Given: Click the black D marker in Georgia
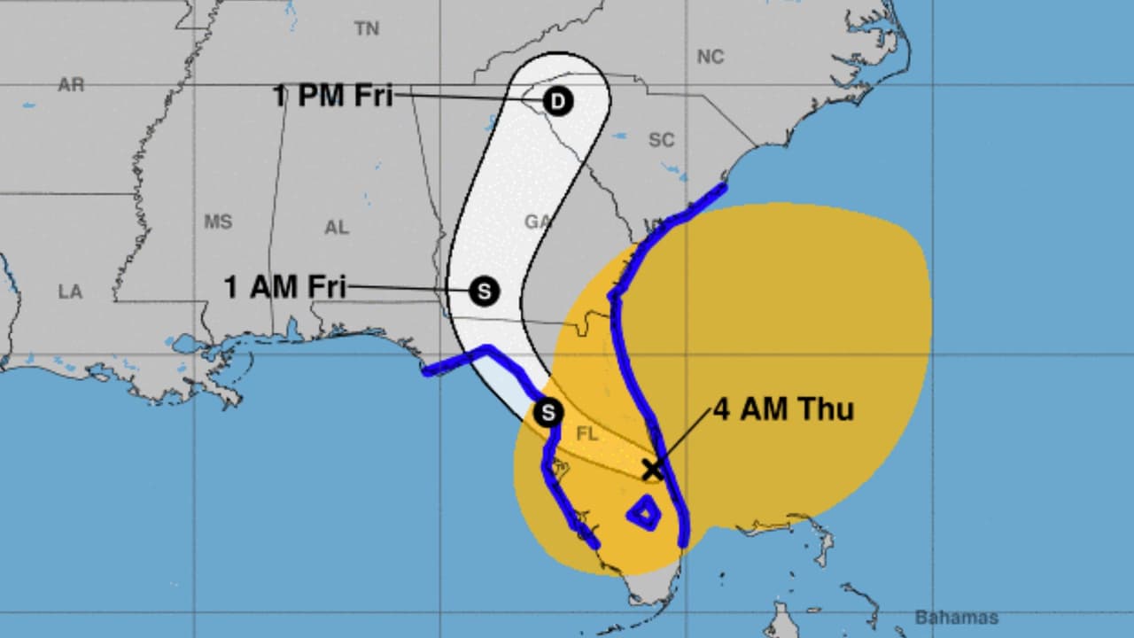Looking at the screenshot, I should (x=557, y=102).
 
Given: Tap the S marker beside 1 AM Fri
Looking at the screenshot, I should (x=484, y=291).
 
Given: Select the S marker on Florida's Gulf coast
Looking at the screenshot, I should (x=548, y=412).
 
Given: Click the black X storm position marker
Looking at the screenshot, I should (x=652, y=469).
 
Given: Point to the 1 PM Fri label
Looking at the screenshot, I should (x=333, y=96).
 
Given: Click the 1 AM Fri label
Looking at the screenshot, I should (x=284, y=287).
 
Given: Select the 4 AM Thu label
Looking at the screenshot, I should (x=783, y=409).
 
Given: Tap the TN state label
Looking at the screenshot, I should (x=367, y=29).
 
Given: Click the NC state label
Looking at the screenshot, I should (x=710, y=58).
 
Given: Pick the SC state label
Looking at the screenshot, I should (x=661, y=140).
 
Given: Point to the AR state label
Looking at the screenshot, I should (x=71, y=85).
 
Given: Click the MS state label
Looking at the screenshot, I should (x=218, y=222).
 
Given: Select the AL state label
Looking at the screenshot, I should (x=337, y=228).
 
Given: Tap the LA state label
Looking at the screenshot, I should (x=70, y=292).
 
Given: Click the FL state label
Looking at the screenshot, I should (x=586, y=434).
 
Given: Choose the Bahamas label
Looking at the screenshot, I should (x=956, y=618).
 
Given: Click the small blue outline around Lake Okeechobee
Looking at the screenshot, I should (x=643, y=512).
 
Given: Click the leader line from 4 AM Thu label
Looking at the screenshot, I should (x=683, y=438).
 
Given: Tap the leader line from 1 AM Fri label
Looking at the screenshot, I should (x=408, y=288).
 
